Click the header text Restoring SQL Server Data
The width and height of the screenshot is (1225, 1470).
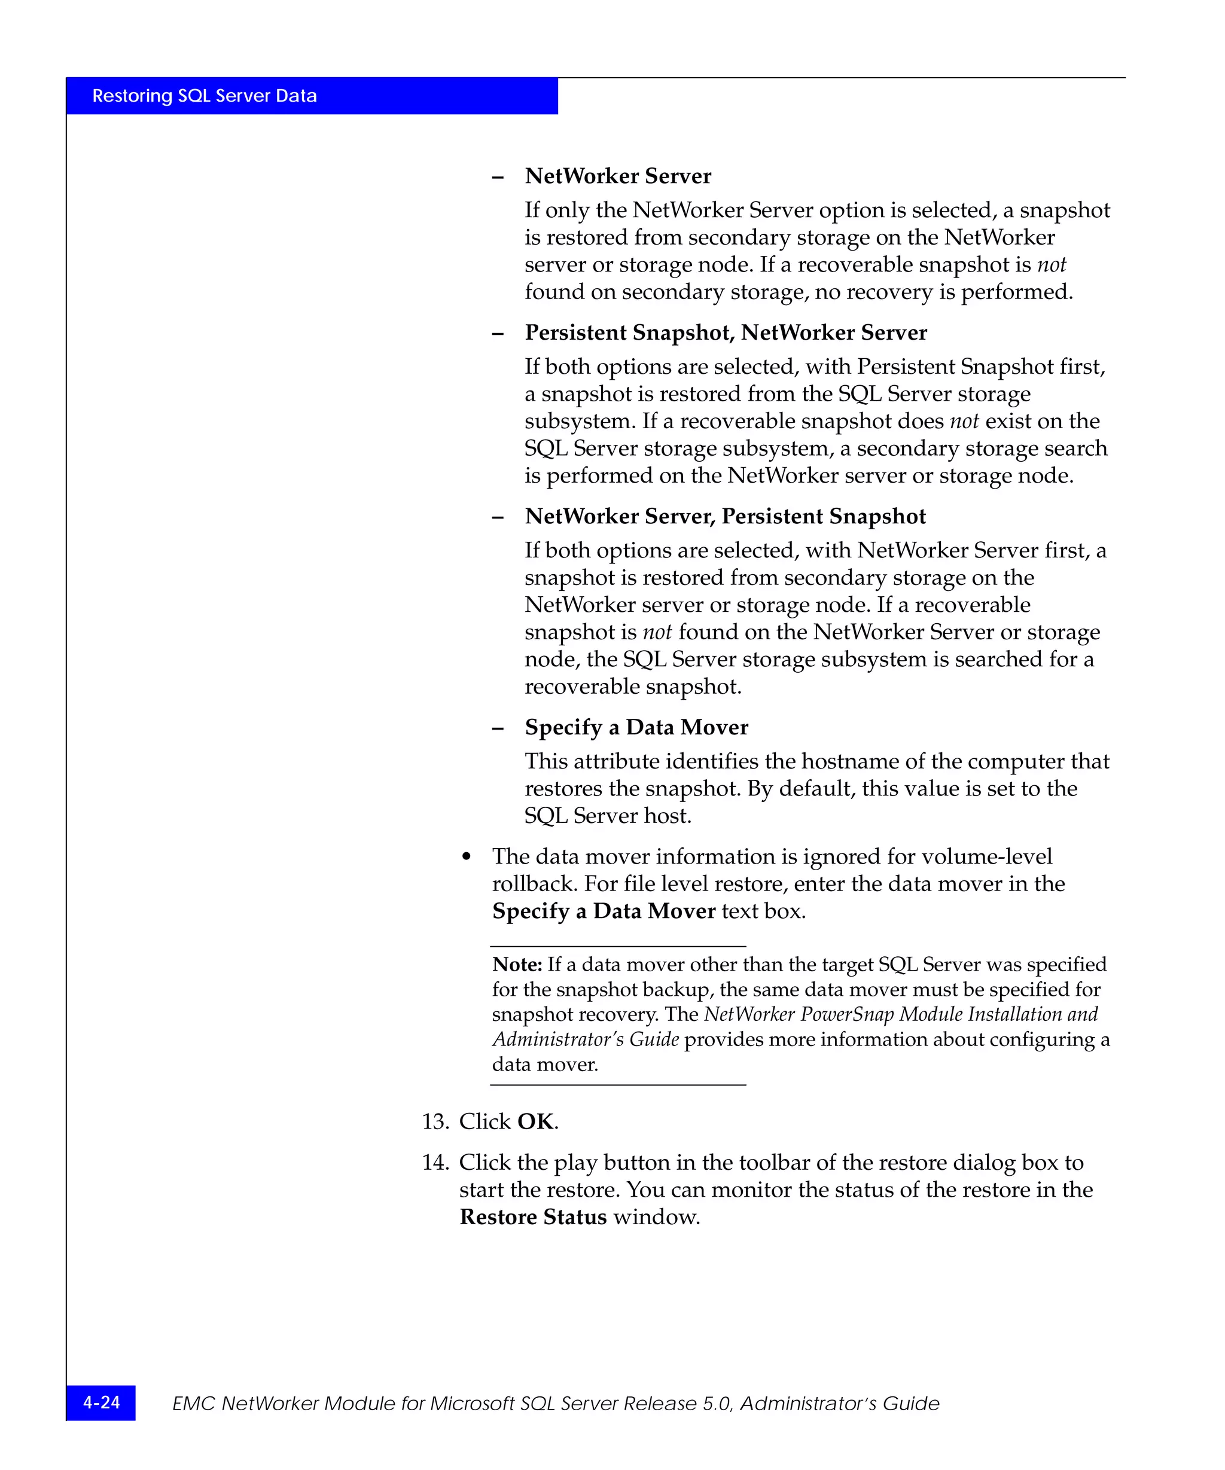(x=205, y=96)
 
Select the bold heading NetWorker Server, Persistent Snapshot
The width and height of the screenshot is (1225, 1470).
(x=725, y=516)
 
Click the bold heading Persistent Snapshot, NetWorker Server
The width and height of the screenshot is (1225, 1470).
(x=726, y=333)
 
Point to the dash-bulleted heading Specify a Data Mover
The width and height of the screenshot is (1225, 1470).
(x=636, y=727)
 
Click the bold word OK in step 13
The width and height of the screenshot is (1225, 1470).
(x=535, y=1121)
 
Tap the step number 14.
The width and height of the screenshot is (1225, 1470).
(x=435, y=1163)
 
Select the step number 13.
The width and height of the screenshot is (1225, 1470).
(x=435, y=1121)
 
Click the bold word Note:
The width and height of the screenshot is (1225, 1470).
(x=517, y=965)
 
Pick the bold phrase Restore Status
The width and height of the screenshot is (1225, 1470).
(x=533, y=1217)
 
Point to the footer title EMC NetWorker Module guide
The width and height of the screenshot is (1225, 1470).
(x=556, y=1404)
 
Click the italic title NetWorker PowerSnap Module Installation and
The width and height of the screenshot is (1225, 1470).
(x=901, y=1014)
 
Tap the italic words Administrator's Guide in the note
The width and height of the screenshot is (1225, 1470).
(x=585, y=1039)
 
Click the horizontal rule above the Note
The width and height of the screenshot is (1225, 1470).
(x=618, y=946)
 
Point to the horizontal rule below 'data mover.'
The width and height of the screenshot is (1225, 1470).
(x=618, y=1085)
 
